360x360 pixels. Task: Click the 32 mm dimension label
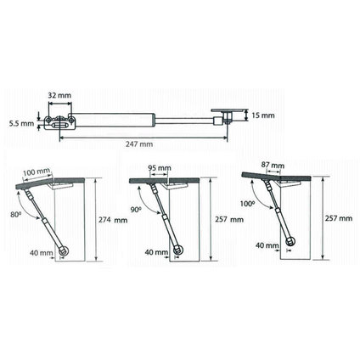[59, 95]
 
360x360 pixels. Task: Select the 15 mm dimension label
[262, 115]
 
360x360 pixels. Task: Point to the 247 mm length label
[139, 144]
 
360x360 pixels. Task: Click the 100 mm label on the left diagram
[37, 172]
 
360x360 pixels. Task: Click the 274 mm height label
[113, 220]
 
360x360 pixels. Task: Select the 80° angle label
[15, 215]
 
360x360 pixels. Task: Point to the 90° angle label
[136, 210]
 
